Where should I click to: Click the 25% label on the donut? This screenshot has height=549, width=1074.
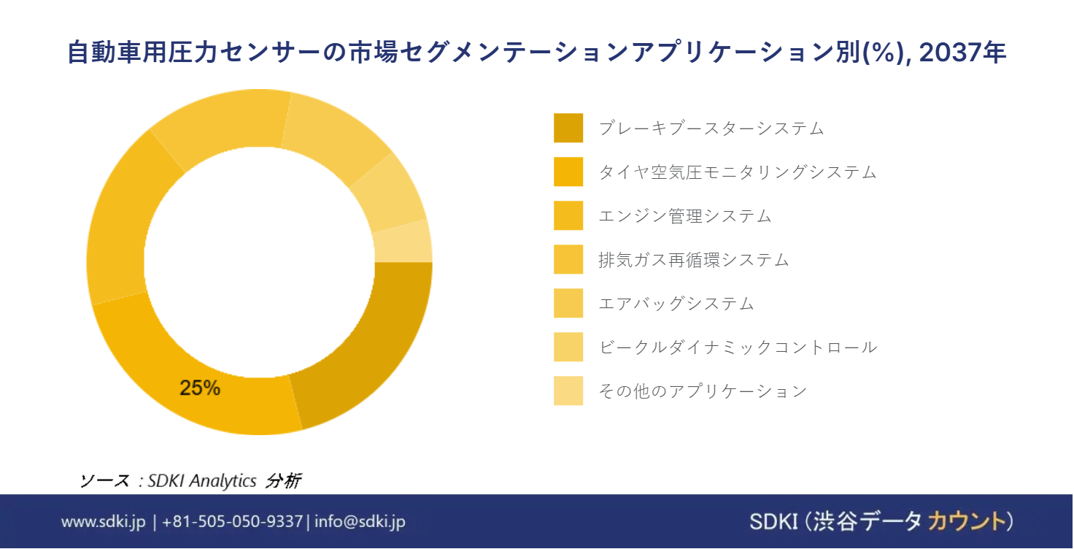coord(199,388)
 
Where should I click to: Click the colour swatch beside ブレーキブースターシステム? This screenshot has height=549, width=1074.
coord(568,128)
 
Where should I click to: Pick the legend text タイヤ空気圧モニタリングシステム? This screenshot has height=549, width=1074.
coord(738,172)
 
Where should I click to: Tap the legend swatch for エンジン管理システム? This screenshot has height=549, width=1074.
coord(568,215)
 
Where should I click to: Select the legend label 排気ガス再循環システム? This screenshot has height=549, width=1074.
coord(693,260)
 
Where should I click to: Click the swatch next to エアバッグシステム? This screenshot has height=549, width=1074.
coord(568,303)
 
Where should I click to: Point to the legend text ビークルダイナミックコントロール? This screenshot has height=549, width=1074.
coord(738,347)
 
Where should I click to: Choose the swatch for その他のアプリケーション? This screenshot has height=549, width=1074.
coord(568,391)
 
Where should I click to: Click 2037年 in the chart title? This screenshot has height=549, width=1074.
coord(962,53)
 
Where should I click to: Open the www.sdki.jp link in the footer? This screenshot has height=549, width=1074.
coord(103,521)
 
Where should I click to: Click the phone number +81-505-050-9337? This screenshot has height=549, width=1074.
coord(232,521)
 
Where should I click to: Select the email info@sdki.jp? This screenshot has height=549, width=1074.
coord(360,521)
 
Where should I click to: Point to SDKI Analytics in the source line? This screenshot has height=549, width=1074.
coord(202,480)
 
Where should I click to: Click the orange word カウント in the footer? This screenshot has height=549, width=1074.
coord(967,521)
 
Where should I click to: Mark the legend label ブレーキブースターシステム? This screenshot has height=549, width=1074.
coord(711,128)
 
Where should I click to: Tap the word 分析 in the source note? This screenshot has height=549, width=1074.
coord(283,480)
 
